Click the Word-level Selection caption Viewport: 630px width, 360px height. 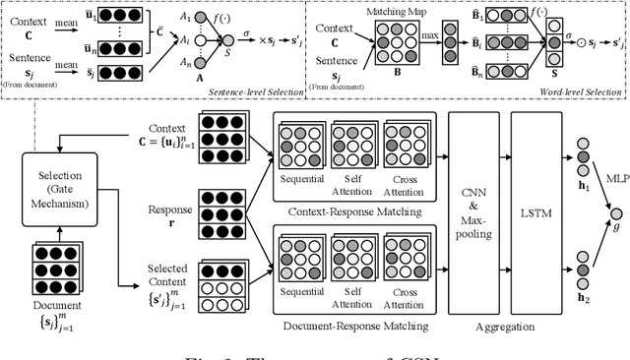[580, 90]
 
